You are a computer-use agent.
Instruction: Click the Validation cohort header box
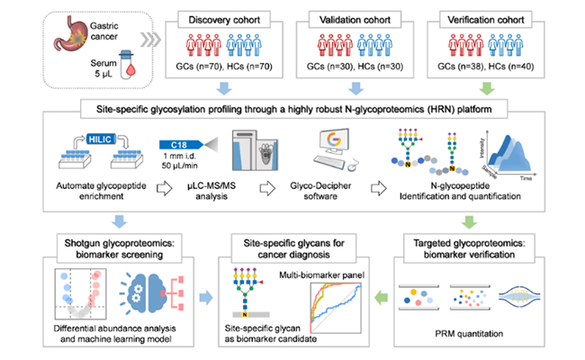pyautogui.click(x=358, y=18)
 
